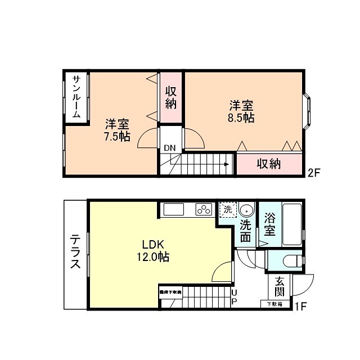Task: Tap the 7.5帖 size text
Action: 117,136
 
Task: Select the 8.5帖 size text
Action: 241,118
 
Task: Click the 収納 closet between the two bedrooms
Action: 171,97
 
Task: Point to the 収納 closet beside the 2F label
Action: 268,164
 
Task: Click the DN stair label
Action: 169,148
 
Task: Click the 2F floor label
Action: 313,173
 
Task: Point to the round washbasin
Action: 245,210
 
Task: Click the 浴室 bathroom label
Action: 269,223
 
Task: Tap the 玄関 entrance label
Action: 280,287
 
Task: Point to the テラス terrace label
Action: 75,253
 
